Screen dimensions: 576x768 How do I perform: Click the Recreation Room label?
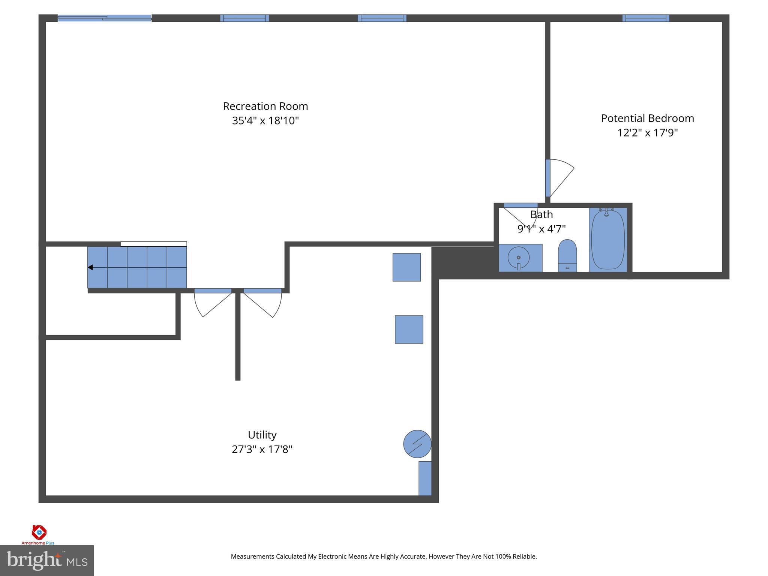point(265,106)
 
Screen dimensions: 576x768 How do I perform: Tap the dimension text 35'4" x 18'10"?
point(265,121)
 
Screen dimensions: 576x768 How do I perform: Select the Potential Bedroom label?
point(647,118)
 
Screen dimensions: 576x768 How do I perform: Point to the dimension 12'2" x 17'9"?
point(647,133)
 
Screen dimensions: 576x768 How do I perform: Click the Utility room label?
point(262,435)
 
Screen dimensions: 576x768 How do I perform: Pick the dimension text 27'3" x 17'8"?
point(262,449)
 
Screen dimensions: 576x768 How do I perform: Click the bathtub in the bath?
point(608,240)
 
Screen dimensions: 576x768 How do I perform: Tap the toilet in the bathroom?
point(567,255)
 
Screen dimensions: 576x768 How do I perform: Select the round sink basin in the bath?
point(519,258)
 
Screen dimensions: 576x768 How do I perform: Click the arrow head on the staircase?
point(90,267)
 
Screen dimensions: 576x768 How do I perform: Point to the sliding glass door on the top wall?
point(105,18)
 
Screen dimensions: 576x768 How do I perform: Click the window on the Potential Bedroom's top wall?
point(646,18)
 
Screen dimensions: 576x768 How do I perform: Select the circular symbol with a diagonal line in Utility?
point(417,444)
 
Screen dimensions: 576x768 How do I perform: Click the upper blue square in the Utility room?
point(406,267)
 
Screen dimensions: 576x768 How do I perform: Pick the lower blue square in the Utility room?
point(409,329)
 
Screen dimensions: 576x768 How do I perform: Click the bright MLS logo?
point(47,560)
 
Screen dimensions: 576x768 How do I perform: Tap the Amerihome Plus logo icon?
point(39,532)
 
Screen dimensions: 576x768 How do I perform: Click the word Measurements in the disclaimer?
point(252,556)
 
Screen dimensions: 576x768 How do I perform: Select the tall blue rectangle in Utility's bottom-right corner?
point(425,478)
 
